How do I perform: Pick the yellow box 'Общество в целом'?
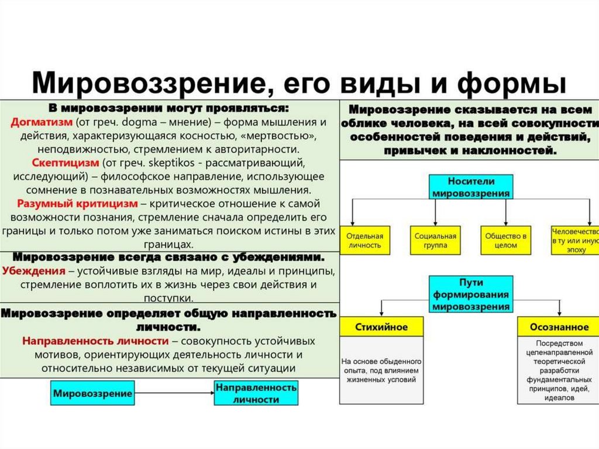(x=505, y=241)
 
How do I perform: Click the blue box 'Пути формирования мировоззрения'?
(x=470, y=294)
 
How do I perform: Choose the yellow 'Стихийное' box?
(x=381, y=327)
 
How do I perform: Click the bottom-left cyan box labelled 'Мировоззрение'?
(x=92, y=393)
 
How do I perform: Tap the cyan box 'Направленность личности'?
(x=256, y=393)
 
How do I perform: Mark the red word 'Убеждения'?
(x=33, y=272)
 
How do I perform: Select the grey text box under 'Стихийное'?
(x=381, y=370)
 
